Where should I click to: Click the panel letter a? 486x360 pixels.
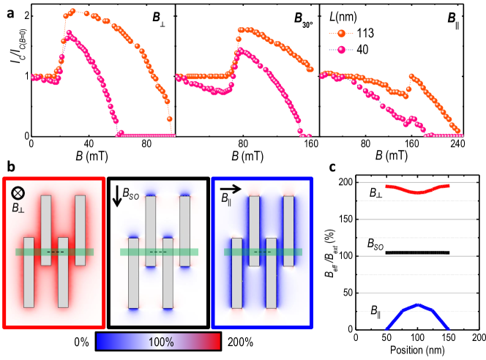(x=5, y=6)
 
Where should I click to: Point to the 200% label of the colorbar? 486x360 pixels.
(x=239, y=342)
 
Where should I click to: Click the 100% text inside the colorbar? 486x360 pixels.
(x=160, y=342)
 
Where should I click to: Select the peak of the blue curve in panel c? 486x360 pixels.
(x=416, y=304)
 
